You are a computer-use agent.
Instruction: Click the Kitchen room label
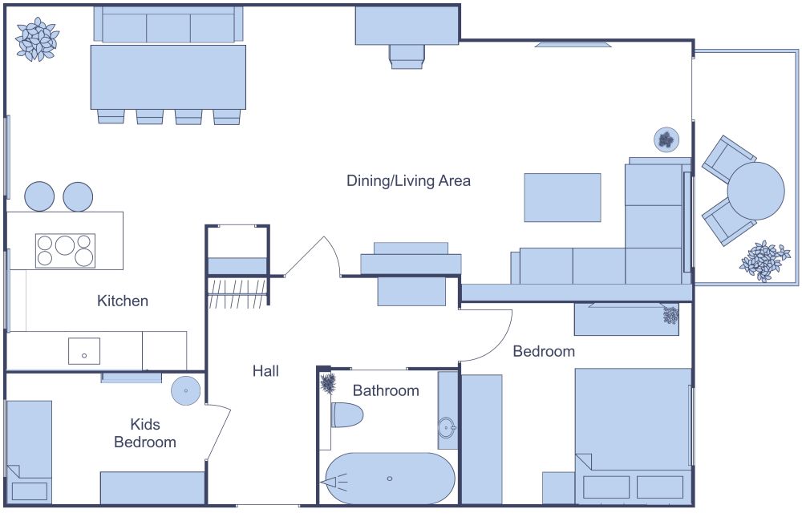(x=123, y=301)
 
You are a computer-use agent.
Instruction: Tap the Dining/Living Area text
(x=408, y=181)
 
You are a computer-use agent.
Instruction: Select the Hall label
(x=265, y=371)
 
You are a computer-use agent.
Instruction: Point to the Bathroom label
(x=386, y=391)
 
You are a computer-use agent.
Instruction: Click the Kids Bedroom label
(x=144, y=433)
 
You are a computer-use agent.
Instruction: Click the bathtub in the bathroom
(x=390, y=479)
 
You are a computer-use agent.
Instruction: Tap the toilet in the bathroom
(x=347, y=415)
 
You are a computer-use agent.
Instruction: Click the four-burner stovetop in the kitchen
(x=65, y=250)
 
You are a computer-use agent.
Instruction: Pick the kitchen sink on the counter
(x=84, y=351)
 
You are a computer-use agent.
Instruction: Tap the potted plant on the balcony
(x=764, y=261)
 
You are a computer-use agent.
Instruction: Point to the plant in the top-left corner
(x=37, y=40)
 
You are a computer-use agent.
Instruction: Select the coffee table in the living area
(x=562, y=197)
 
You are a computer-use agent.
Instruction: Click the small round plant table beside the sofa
(x=666, y=140)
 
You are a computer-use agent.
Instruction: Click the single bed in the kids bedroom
(x=29, y=449)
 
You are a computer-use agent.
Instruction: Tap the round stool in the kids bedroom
(x=186, y=391)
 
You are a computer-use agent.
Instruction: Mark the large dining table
(x=168, y=76)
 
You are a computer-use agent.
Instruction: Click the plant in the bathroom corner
(x=327, y=383)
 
